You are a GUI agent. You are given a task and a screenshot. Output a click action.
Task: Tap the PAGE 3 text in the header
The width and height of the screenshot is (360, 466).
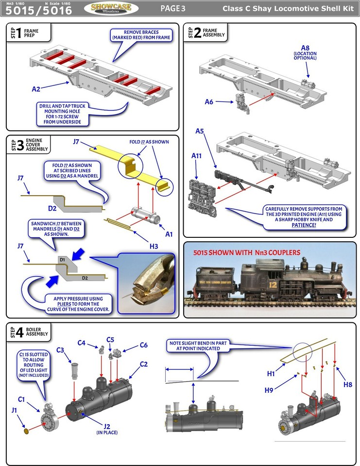[173, 8]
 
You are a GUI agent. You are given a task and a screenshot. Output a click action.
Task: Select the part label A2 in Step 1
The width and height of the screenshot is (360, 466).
[36, 89]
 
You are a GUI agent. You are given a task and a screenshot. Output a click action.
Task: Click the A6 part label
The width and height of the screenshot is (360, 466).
[209, 101]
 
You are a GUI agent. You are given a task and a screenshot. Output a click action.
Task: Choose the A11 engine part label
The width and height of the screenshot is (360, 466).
[196, 156]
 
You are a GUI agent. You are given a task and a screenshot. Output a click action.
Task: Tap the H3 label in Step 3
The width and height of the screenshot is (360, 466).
[154, 246]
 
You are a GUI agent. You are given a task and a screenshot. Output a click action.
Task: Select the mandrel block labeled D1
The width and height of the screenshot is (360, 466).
[62, 260]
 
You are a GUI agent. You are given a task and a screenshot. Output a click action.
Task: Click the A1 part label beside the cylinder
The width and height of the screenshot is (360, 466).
[169, 234]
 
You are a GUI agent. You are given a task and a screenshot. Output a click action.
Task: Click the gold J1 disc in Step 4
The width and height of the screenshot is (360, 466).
[26, 431]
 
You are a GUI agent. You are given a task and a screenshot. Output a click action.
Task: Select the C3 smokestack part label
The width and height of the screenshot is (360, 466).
[61, 349]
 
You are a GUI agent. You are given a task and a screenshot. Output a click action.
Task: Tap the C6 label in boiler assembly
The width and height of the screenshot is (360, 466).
[143, 345]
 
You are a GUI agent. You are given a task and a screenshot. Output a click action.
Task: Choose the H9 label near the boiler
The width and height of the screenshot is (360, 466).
[269, 390]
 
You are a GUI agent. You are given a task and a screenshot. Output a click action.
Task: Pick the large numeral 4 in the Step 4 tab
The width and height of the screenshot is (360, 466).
[19, 333]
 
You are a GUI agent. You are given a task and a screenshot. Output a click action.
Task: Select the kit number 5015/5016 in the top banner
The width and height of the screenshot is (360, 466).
[36, 10]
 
